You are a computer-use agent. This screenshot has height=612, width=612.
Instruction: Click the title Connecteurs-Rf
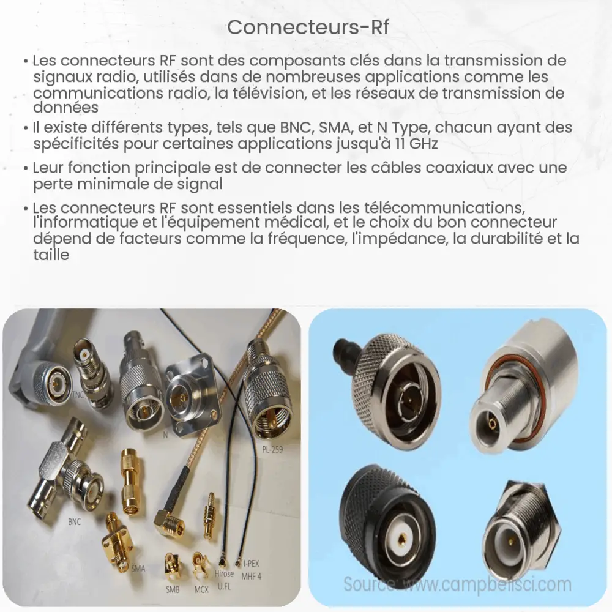(x=306, y=27)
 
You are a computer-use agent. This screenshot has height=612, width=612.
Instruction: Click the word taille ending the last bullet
(x=51, y=256)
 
